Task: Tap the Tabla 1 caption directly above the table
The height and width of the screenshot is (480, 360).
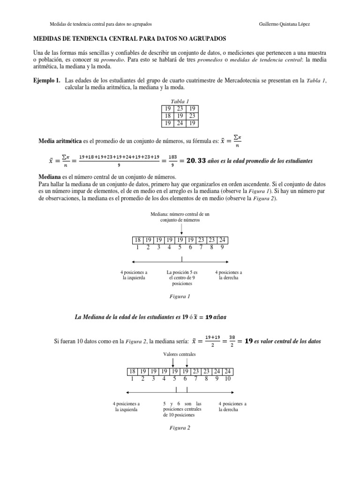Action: (180, 101)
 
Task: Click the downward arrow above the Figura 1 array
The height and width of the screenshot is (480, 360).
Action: (181, 229)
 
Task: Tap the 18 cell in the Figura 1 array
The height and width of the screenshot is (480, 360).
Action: (138, 240)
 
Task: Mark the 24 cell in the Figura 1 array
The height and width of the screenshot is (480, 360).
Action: (223, 240)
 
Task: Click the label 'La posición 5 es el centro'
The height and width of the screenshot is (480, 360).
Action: (182, 277)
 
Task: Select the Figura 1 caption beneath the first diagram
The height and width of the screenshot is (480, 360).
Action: (180, 296)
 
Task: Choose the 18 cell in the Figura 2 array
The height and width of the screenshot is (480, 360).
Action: (133, 371)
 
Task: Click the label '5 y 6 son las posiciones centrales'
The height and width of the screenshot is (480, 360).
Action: (182, 409)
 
